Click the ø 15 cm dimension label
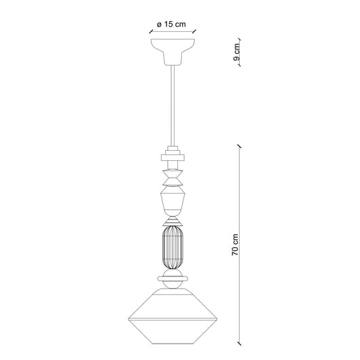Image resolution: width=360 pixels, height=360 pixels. click(171, 24)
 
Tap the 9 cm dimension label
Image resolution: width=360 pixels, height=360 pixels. click(236, 52)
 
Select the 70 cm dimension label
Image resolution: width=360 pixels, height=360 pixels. click(235, 245)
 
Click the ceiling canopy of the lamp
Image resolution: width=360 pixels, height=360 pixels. click(173, 52)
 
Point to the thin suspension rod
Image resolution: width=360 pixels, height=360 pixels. click(173, 105)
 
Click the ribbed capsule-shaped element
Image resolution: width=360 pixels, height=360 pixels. click(173, 247)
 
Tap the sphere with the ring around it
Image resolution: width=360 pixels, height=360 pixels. click(173, 278)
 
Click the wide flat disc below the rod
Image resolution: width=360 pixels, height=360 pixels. click(173, 158)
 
